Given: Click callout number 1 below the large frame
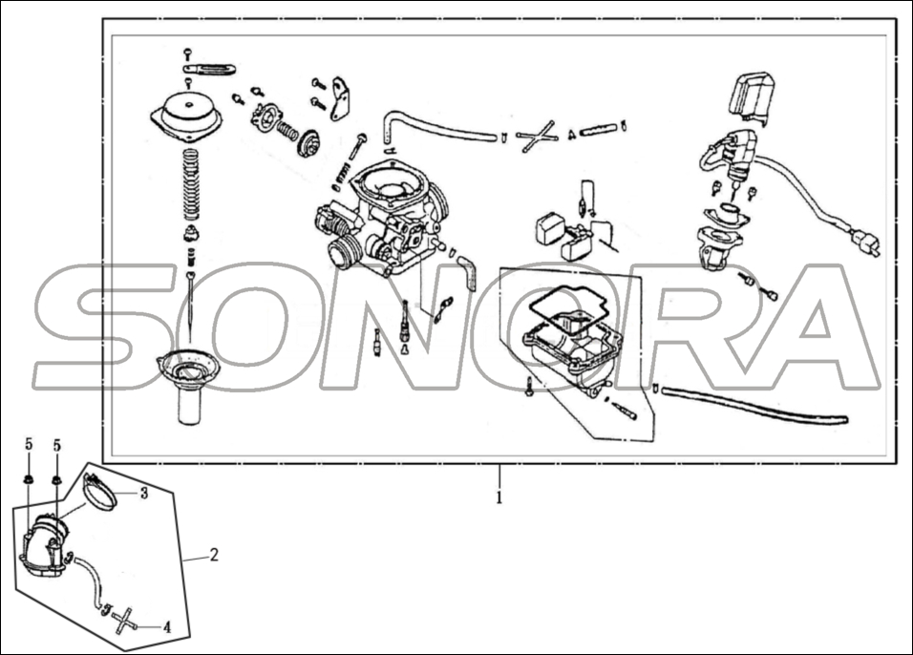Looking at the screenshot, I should (x=499, y=497).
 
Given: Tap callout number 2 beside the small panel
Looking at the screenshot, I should (x=214, y=554).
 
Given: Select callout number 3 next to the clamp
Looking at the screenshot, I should (x=143, y=493).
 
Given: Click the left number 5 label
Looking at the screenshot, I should (x=29, y=445).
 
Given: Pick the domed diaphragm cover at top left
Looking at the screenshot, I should (x=188, y=112).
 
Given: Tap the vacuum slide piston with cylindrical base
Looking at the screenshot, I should (x=190, y=387).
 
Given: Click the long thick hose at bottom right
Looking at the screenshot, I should (x=754, y=403).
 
